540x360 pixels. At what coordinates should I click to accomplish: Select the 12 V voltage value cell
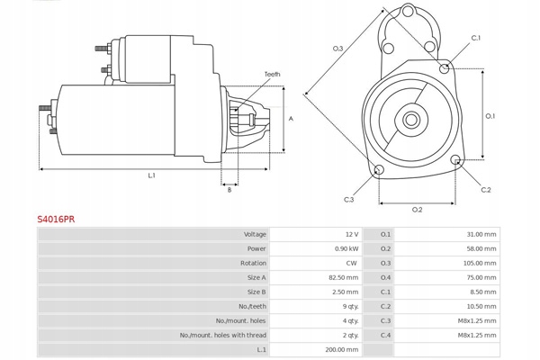(352, 234)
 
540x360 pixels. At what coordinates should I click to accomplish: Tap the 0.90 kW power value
(346, 248)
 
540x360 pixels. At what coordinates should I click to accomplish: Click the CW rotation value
(352, 263)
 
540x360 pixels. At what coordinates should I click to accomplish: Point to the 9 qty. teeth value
(349, 306)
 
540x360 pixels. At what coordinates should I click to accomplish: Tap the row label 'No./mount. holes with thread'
(223, 335)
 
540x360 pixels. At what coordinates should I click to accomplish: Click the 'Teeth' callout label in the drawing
(272, 74)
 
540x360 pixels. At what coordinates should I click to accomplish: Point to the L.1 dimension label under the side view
(152, 175)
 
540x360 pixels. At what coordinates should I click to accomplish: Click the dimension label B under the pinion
(229, 190)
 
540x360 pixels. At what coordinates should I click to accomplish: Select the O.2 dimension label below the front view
(418, 210)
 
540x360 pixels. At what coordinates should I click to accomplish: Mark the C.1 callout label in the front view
(476, 38)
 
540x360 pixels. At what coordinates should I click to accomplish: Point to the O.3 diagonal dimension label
(337, 48)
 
